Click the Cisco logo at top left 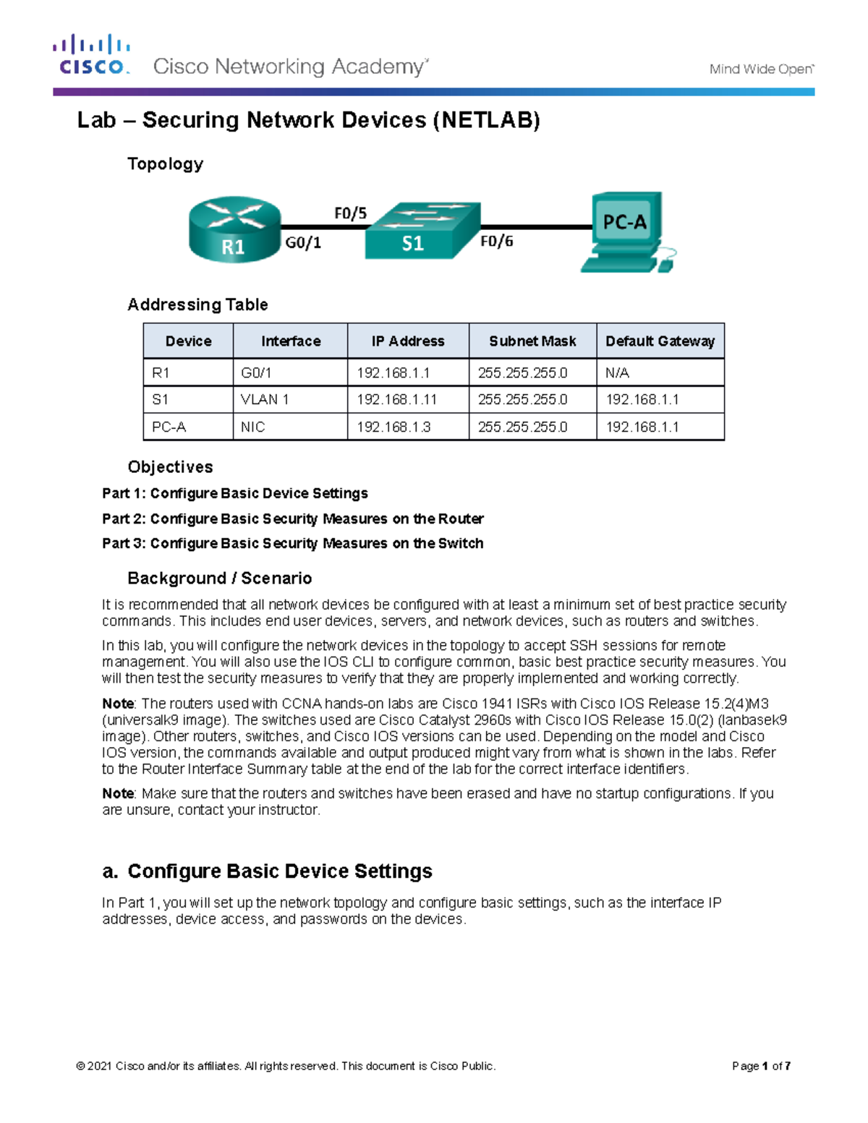point(91,55)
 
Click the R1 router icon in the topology point(234,229)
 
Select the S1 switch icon point(422,231)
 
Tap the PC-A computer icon point(627,232)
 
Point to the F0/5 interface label point(350,213)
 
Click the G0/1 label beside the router point(303,243)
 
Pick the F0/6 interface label point(497,242)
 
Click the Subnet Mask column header point(532,341)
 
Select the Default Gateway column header point(660,341)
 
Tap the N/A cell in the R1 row point(617,373)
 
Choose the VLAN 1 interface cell point(265,400)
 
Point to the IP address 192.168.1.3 point(393,427)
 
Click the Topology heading point(165,164)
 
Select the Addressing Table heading point(197,304)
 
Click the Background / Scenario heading point(219,578)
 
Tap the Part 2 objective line point(293,519)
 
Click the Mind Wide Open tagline point(761,69)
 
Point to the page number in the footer point(761,1066)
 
